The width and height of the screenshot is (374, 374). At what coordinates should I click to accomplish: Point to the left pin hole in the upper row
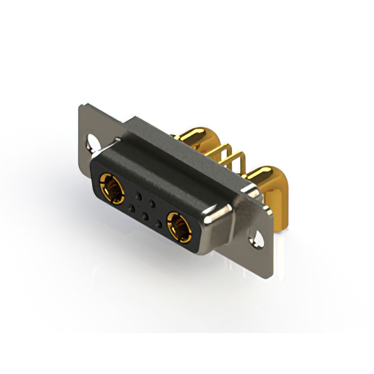point(138,193)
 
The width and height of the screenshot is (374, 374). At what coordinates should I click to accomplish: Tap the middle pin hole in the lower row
point(144,215)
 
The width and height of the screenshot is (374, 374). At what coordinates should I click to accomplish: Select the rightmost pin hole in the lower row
point(158,224)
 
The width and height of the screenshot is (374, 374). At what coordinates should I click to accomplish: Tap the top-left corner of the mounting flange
point(81,106)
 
